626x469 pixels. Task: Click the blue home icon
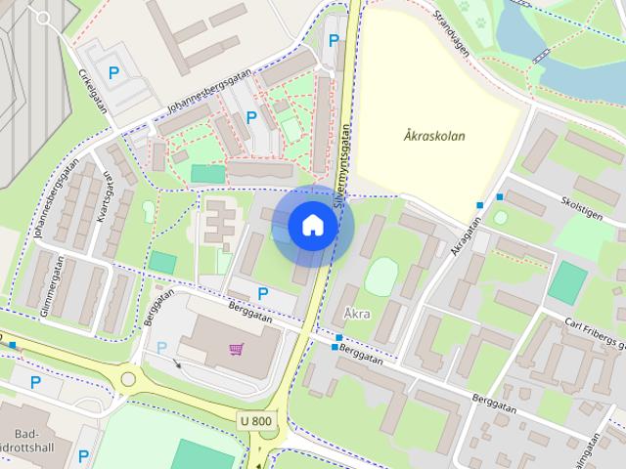pyautogui.click(x=312, y=226)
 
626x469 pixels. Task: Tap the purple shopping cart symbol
pyautogui.click(x=236, y=349)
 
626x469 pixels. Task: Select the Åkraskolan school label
pyautogui.click(x=433, y=137)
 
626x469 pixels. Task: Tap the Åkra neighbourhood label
pyautogui.click(x=357, y=315)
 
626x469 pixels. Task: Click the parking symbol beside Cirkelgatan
pyautogui.click(x=114, y=71)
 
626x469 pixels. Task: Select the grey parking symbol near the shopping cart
pyautogui.click(x=161, y=347)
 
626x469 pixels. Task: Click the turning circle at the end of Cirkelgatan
pyautogui.click(x=43, y=18)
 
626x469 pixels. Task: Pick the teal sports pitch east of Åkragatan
pyautogui.click(x=566, y=282)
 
